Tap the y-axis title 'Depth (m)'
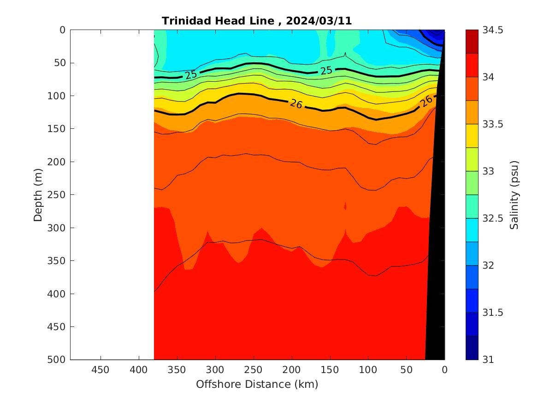coord(38,194)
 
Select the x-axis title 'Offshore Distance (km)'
coord(257,384)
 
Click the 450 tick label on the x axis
coord(100,370)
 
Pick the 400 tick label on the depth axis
coord(57,294)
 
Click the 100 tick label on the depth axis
coord(57,96)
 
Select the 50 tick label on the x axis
coord(406,370)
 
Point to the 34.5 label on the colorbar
coord(493,30)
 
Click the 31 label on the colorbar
coord(489,360)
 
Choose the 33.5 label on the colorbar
coord(493,124)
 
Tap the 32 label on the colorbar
coord(489,265)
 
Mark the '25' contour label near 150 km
coord(326,71)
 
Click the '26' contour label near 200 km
coord(296,104)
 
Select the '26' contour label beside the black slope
coord(427,101)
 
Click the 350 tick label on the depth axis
coord(57,260)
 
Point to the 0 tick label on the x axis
coord(444,370)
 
